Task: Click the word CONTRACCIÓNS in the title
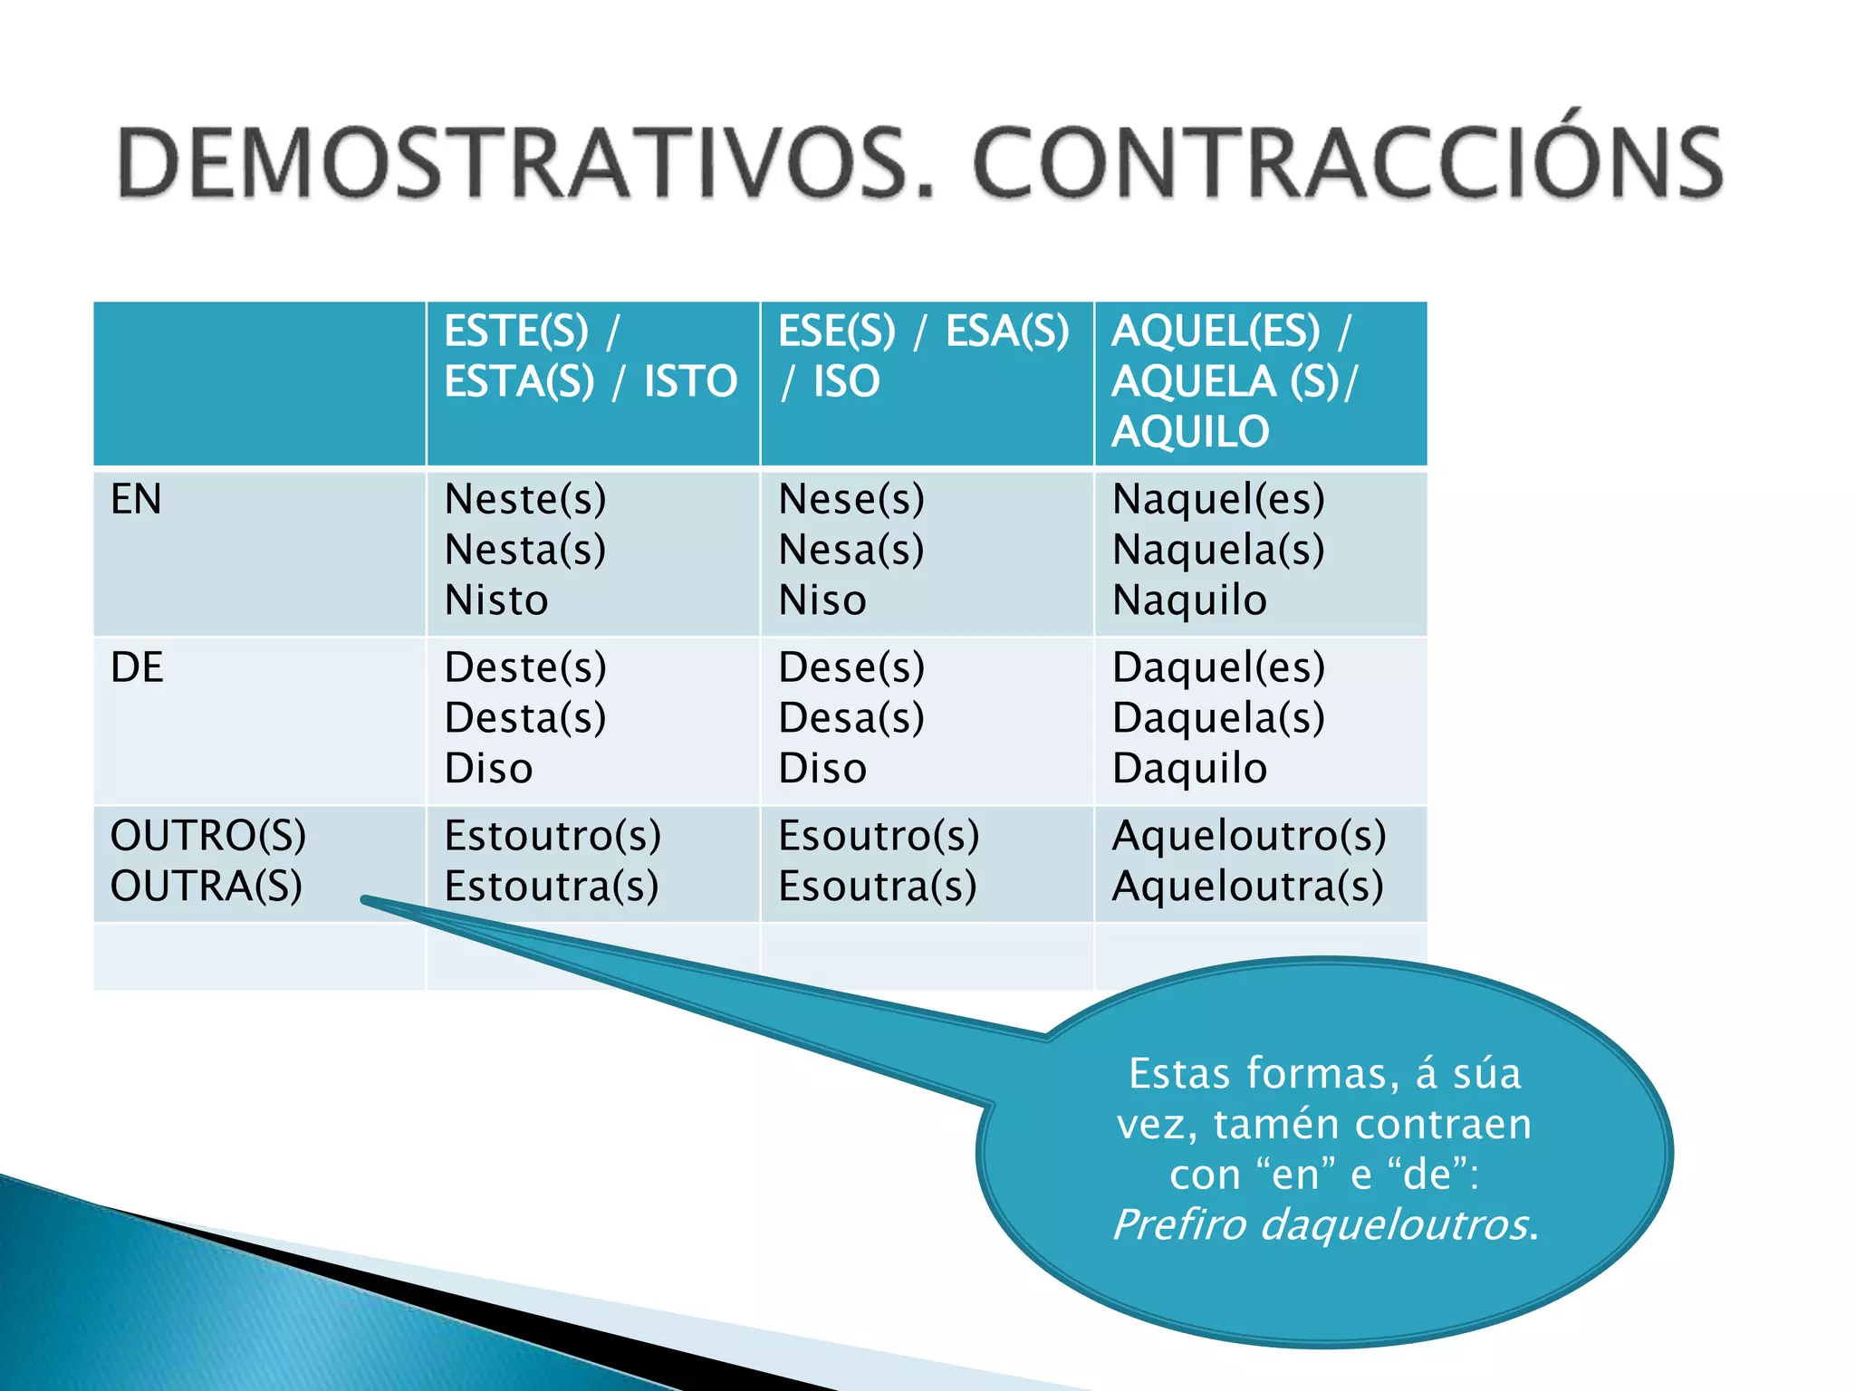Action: pyautogui.click(x=1347, y=163)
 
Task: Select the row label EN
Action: pyautogui.click(x=136, y=499)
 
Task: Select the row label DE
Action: pyautogui.click(x=137, y=667)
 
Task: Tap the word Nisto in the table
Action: pyautogui.click(x=496, y=600)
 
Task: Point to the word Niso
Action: pyautogui.click(x=822, y=600)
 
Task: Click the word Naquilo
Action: pyautogui.click(x=1189, y=600)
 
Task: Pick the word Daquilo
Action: pyautogui.click(x=1189, y=769)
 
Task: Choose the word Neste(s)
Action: pyautogui.click(x=525, y=499)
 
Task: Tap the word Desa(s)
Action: pyautogui.click(x=851, y=718)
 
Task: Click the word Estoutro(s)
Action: pyautogui.click(x=553, y=835)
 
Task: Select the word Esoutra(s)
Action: pyautogui.click(x=878, y=886)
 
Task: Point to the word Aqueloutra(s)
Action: pyautogui.click(x=1248, y=886)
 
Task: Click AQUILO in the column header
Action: pyautogui.click(x=1190, y=432)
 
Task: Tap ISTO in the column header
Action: pyautogui.click(x=690, y=381)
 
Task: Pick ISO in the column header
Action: pyautogui.click(x=846, y=381)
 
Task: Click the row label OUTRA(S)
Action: pyautogui.click(x=207, y=886)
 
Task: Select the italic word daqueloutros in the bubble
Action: pyautogui.click(x=1394, y=1224)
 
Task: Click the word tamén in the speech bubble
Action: pyautogui.click(x=1278, y=1124)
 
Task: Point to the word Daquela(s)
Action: pyautogui.click(x=1218, y=718)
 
